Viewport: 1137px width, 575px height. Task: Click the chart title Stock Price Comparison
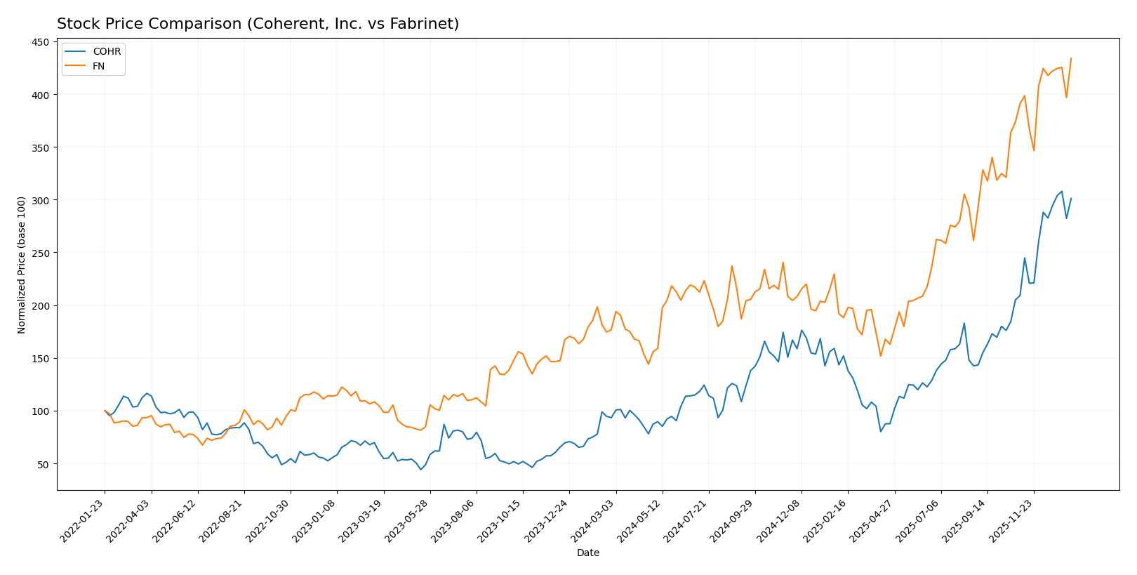point(258,24)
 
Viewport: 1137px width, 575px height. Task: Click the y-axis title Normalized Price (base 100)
point(21,265)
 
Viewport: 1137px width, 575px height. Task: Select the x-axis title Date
point(587,553)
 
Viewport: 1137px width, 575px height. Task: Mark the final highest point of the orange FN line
point(1070,58)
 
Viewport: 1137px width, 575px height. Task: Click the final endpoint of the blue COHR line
point(1070,199)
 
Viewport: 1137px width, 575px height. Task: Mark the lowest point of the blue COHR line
point(420,469)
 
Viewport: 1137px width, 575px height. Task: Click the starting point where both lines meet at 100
point(105,411)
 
